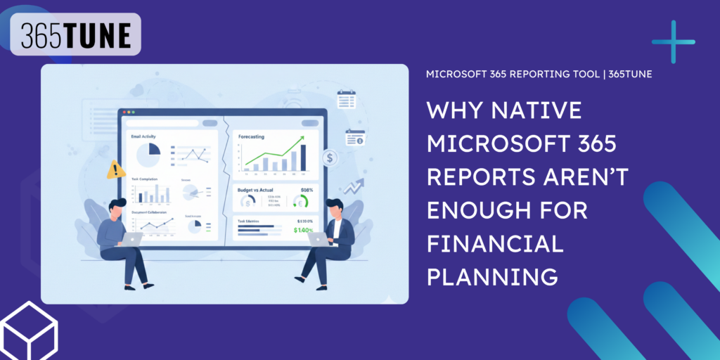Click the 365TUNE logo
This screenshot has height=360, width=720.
tap(75, 34)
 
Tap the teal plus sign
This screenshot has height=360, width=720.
tap(673, 42)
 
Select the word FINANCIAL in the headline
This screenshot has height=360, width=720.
tap(496, 243)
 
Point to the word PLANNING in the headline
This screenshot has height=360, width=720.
tap(492, 276)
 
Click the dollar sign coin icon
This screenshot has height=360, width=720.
tap(329, 159)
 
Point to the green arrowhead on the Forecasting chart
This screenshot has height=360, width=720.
tap(300, 139)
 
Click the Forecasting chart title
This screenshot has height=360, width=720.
tap(251, 136)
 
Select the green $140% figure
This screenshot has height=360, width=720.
tap(304, 230)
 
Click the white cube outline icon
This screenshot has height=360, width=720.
tap(29, 330)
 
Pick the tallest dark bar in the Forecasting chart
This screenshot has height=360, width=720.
tap(303, 157)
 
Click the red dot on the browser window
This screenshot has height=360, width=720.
tap(125, 112)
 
